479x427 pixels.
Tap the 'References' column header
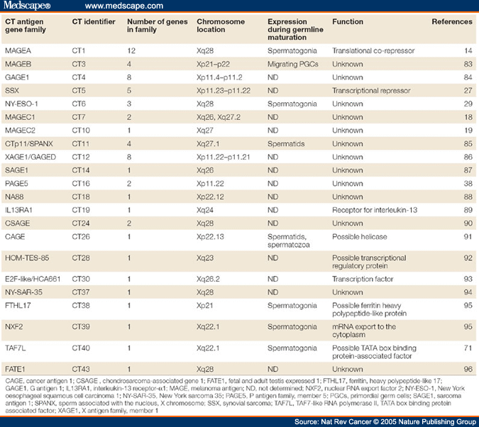[x=452, y=22]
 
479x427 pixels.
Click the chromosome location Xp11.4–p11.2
[x=224, y=78]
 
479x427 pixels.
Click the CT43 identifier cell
[x=82, y=369]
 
